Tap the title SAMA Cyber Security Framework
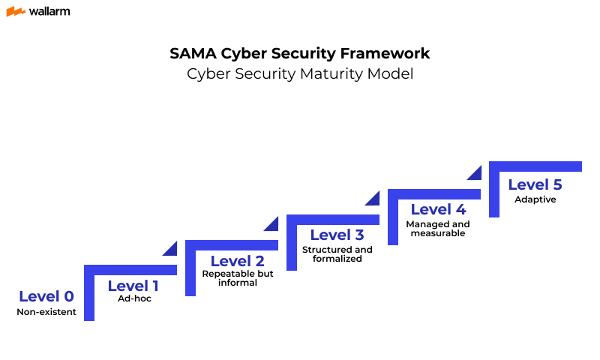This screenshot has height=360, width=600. click(x=300, y=54)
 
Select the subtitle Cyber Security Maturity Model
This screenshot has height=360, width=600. click(x=300, y=74)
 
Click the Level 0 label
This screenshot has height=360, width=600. click(x=46, y=296)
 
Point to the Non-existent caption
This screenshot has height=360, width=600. click(x=46, y=312)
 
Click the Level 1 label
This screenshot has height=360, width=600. click(x=133, y=285)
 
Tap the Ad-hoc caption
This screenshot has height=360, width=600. click(x=134, y=298)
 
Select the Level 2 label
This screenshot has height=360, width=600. click(x=237, y=261)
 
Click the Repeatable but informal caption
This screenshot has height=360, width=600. click(x=238, y=278)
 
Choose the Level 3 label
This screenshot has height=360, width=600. click(x=337, y=235)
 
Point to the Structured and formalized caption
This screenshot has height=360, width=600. click(x=337, y=254)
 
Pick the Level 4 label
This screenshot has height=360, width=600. click(x=438, y=209)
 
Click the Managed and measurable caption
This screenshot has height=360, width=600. click(x=438, y=229)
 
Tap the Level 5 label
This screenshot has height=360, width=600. click(x=535, y=184)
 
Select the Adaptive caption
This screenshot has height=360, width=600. click(x=535, y=199)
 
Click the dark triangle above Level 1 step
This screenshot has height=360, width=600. click(x=171, y=249)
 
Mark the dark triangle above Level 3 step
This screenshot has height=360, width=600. click(x=373, y=198)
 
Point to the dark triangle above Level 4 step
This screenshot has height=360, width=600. click(x=475, y=173)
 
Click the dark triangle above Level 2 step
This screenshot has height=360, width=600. click(x=272, y=223)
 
